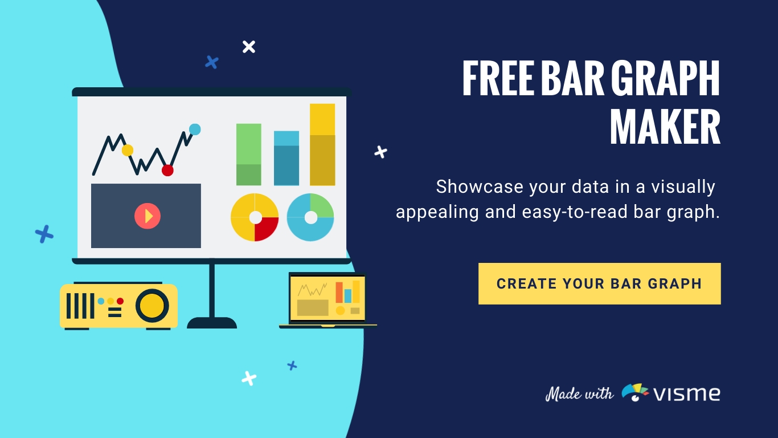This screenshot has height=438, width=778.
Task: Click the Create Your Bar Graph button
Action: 600,283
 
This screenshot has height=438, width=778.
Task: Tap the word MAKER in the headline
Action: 665,127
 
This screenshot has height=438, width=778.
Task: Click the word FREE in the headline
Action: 498,78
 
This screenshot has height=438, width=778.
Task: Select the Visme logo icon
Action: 634,392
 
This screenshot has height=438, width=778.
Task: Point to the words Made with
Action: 579,394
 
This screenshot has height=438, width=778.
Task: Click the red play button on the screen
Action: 148,216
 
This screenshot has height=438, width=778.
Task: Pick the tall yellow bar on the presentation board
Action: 322,144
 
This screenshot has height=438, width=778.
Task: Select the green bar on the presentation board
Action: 249,155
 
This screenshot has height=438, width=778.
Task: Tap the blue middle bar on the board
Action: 286,158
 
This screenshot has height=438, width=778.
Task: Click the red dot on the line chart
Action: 167,171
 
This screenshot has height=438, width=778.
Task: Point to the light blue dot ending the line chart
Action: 195,129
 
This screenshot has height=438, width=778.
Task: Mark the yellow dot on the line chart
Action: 128,151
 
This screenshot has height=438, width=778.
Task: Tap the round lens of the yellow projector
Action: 152,306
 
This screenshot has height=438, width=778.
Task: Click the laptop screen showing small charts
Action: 327,298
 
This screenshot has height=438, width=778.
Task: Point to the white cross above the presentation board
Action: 249,47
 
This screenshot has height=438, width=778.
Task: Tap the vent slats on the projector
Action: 80,306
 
